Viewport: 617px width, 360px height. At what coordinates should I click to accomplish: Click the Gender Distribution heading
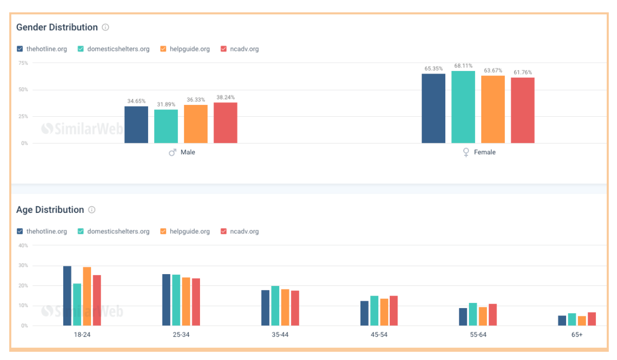coord(57,27)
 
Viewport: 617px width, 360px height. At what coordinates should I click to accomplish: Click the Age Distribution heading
coord(50,210)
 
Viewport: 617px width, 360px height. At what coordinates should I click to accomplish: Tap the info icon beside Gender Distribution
coord(105,27)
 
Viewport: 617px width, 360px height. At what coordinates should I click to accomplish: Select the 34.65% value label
coord(136,101)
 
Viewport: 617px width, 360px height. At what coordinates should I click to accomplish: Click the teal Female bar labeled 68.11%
coord(463,107)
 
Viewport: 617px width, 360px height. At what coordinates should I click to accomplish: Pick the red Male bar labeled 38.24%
coord(225,123)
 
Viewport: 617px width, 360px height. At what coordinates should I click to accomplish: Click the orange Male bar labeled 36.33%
coord(196,124)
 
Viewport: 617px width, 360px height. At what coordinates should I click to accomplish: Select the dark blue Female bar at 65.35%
coord(433,109)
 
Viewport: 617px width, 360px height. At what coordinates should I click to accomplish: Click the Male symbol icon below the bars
coord(173,152)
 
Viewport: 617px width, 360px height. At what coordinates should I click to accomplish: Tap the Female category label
coord(484,152)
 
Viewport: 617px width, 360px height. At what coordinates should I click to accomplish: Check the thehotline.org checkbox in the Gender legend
coord(20,49)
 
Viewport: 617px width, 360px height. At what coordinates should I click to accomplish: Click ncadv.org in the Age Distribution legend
coord(245,231)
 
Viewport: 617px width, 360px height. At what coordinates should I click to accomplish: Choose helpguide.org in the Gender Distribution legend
coord(190,49)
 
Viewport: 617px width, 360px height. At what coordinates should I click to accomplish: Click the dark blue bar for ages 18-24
coord(67,296)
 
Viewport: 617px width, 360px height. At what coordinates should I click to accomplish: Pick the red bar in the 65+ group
coord(592,319)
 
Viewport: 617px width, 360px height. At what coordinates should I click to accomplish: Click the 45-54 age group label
coord(379,335)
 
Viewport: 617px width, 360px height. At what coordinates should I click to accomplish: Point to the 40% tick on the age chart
coord(23,245)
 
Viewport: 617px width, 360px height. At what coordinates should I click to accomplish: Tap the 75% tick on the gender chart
coord(23,63)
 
